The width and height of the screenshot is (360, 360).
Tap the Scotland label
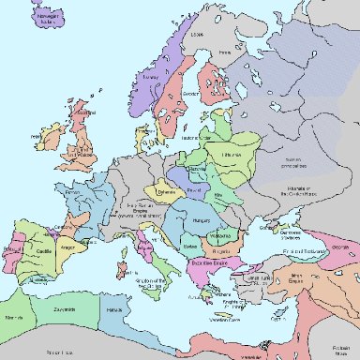pos(83,114)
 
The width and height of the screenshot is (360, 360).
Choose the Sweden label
pos(190,95)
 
